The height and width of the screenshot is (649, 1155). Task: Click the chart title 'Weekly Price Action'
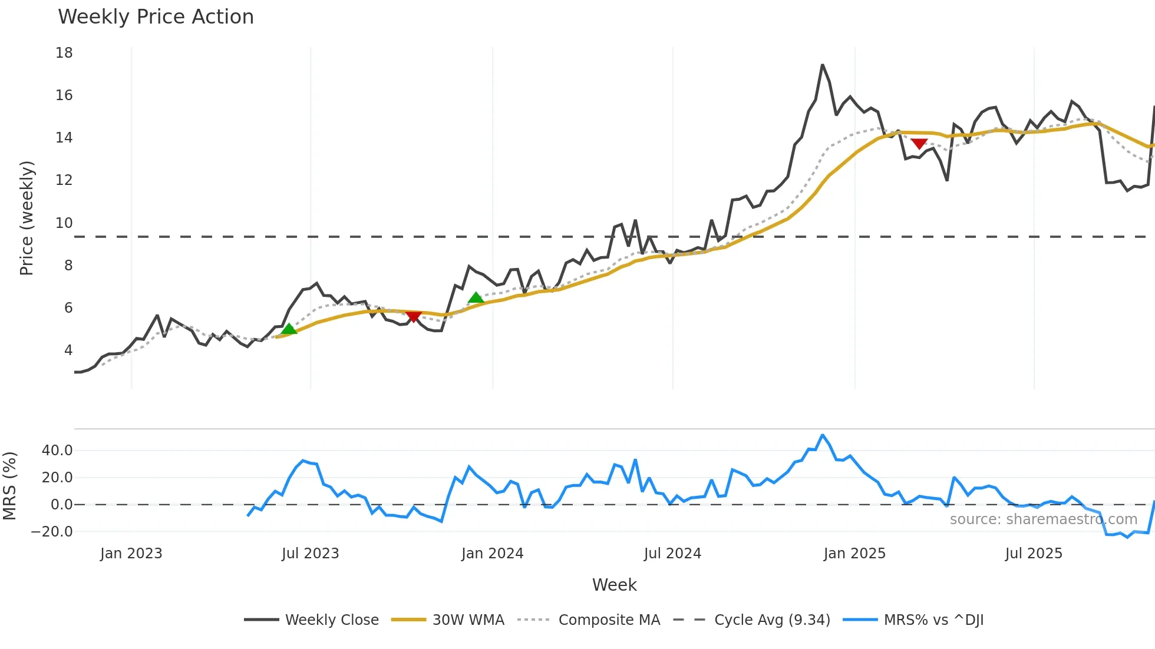coord(156,17)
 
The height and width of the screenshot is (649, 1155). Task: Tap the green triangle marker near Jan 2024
coord(476,298)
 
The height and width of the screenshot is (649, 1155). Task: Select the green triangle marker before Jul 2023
coord(289,329)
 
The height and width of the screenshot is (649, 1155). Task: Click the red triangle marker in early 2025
coord(919,143)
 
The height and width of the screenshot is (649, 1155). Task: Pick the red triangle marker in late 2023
coord(414,316)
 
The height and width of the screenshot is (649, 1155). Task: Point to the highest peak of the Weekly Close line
coord(822,65)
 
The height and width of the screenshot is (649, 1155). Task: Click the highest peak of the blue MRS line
coord(823,435)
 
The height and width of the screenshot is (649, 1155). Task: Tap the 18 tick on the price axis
coord(64,53)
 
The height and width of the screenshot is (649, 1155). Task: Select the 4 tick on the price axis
coord(68,350)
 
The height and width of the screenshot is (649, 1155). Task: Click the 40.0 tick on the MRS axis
coord(57,451)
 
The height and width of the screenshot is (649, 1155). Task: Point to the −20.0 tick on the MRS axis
coord(52,532)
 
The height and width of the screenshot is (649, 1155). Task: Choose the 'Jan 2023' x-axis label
coord(131,554)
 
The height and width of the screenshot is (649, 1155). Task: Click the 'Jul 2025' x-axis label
coord(1034,554)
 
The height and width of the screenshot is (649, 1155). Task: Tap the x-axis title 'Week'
coord(614,585)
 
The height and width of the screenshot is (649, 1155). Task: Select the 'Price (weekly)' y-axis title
coord(27,218)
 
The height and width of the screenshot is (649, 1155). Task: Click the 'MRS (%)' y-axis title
coord(9,486)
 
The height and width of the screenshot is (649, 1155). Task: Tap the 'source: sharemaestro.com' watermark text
coord(1043,519)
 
